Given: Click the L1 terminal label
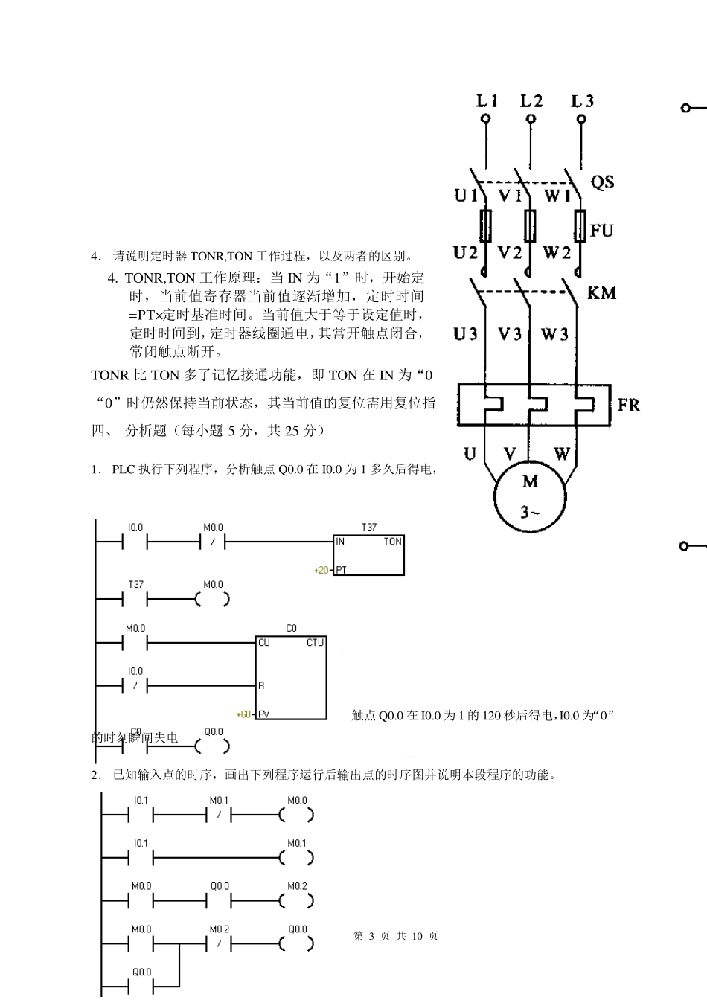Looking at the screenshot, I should click(487, 100).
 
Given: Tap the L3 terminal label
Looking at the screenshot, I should click(581, 100).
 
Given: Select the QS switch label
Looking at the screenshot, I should click(602, 182).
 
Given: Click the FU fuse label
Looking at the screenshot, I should click(601, 231).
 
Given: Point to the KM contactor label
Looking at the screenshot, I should click(601, 293).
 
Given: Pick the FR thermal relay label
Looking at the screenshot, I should click(628, 405).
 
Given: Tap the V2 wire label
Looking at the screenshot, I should click(509, 253).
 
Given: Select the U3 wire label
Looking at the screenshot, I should click(465, 334).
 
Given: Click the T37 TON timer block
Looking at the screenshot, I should click(368, 555).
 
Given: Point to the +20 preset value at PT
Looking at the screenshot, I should click(321, 571).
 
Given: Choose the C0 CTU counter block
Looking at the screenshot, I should click(291, 677).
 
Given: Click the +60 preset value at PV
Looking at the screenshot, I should click(243, 714).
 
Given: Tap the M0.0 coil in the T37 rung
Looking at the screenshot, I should click(213, 599).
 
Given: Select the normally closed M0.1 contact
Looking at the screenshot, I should click(219, 815).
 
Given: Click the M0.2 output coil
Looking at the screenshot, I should click(297, 900).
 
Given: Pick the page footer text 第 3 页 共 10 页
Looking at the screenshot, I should click(396, 936).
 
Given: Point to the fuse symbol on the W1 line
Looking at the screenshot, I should click(580, 225).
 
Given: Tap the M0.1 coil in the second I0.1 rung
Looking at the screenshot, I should click(297, 858).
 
